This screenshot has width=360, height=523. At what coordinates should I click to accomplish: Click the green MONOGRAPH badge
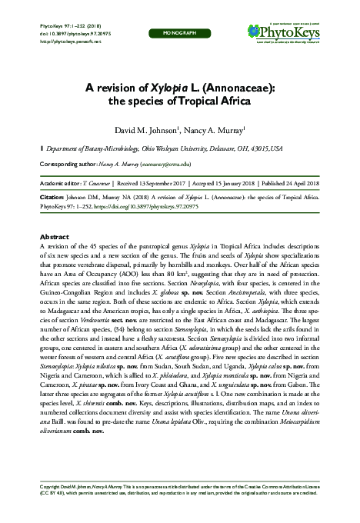pos(179,35)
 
